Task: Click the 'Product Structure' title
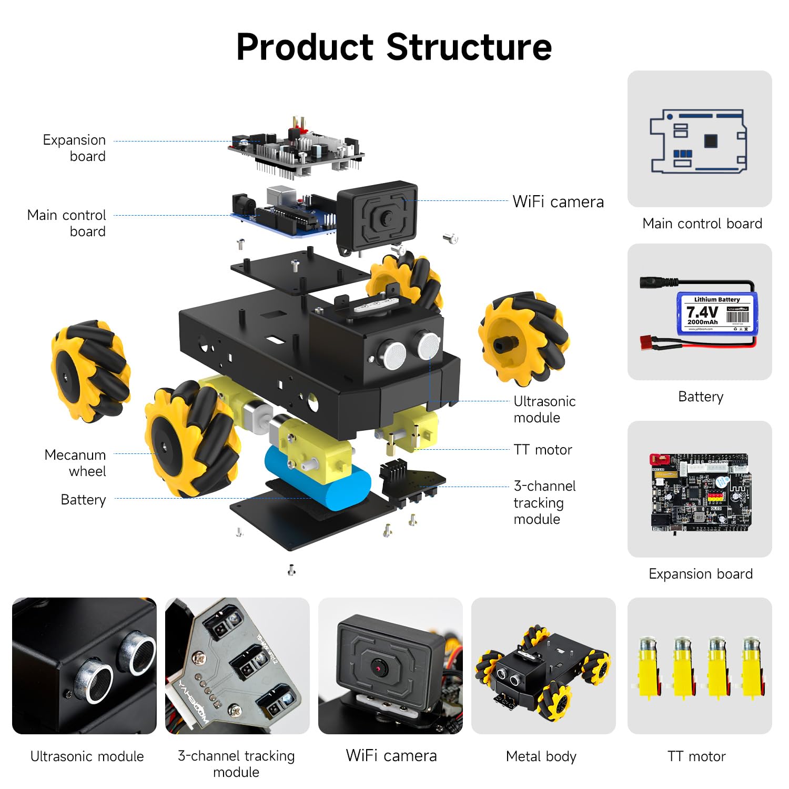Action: [x=394, y=47]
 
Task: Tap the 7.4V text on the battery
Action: [x=702, y=312]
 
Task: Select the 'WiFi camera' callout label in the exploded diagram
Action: [x=558, y=201]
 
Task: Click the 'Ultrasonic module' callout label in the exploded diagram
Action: [x=544, y=409]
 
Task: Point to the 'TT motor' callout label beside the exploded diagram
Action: [x=543, y=450]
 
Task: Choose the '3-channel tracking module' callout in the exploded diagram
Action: [x=544, y=502]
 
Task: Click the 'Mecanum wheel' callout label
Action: [x=75, y=463]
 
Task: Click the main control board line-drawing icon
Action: [x=699, y=141]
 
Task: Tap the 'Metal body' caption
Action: [x=541, y=756]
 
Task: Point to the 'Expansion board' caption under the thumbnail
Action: [x=701, y=574]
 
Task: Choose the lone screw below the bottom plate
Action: [x=292, y=570]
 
